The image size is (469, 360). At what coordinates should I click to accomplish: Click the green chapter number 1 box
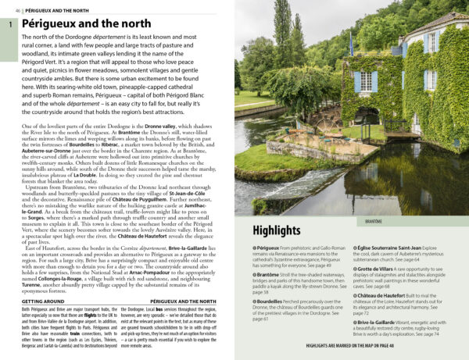pyautogui.click(x=9, y=26)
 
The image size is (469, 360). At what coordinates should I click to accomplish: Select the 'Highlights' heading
pyautogui.click(x=277, y=230)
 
